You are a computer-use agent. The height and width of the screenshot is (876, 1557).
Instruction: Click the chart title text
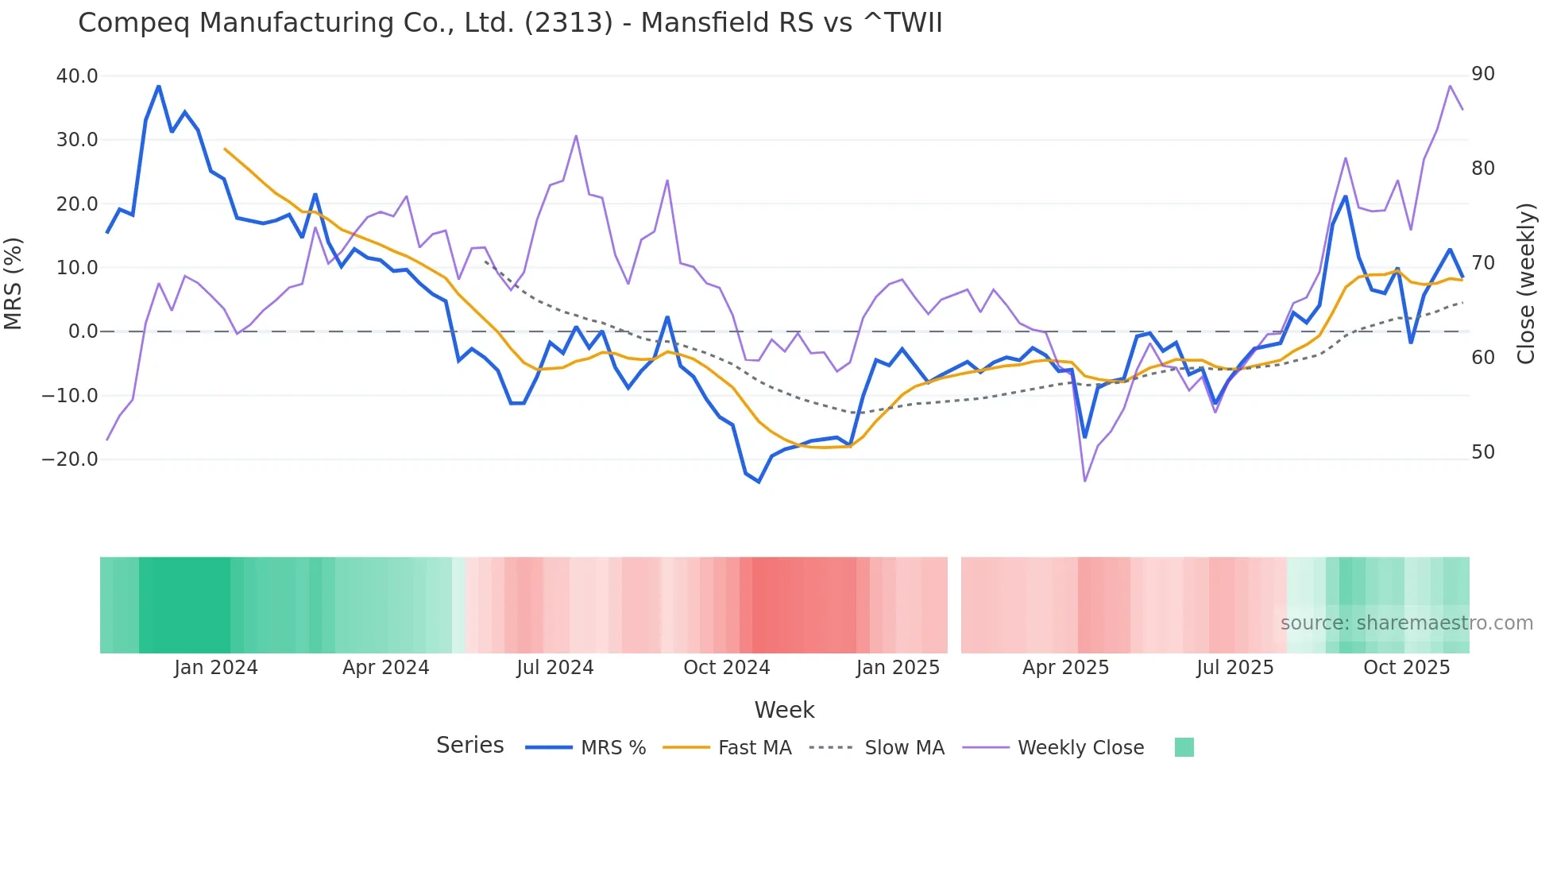[510, 23]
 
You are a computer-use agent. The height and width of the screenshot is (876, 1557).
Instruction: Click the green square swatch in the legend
[1184, 747]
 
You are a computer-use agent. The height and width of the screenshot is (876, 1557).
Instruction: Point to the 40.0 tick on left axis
[77, 76]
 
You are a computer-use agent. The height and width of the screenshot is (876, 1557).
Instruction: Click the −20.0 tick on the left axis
[70, 459]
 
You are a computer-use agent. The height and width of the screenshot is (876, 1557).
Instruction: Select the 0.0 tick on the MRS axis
[83, 331]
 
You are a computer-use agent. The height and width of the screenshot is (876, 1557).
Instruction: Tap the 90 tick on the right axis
[1483, 74]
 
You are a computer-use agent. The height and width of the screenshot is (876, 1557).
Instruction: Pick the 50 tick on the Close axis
[1483, 452]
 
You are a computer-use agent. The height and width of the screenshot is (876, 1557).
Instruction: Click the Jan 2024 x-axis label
[216, 668]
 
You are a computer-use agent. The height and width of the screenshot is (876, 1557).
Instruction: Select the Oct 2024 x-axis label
[726, 668]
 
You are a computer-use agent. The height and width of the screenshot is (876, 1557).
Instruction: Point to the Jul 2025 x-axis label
[1234, 668]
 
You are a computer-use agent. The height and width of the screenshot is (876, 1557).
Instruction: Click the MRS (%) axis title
[14, 283]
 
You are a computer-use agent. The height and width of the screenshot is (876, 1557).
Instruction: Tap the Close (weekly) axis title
[1526, 283]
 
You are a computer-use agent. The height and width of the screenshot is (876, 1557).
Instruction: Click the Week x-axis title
[784, 710]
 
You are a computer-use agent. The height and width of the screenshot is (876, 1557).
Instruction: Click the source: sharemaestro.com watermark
[1406, 623]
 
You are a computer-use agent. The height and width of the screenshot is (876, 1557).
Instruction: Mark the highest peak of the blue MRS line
[159, 86]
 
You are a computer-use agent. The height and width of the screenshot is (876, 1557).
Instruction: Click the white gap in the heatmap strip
[954, 605]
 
